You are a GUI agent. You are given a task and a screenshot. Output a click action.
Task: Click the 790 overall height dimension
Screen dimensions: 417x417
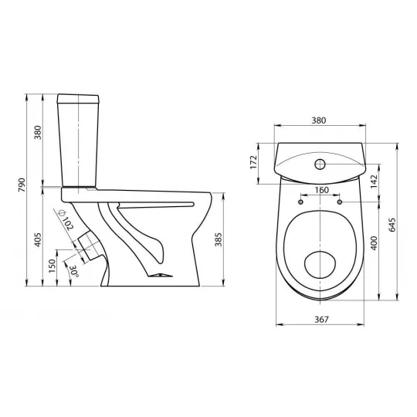(22, 185)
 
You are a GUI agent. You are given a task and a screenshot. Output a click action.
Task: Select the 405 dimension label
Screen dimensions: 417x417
(39, 240)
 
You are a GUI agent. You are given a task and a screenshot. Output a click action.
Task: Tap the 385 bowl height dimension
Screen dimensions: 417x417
(219, 239)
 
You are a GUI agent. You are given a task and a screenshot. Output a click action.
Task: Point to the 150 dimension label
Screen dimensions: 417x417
(53, 266)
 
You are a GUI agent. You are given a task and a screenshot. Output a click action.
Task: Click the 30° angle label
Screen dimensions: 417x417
(74, 271)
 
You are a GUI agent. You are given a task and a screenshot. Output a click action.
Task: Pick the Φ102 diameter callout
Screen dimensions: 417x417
(66, 220)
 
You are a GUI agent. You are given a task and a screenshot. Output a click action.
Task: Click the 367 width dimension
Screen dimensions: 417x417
(322, 319)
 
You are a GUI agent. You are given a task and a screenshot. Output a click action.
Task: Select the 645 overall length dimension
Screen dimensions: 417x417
(392, 225)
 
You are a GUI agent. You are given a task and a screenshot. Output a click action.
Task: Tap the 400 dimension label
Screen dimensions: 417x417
(374, 242)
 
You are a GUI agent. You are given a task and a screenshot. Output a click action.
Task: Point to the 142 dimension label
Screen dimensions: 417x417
(374, 181)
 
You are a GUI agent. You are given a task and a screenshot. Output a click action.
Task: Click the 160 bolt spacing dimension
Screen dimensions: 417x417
(322, 190)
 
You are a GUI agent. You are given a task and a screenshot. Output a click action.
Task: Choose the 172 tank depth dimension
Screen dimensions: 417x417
(254, 162)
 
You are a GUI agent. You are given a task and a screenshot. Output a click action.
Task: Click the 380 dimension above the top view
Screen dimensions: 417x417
(319, 120)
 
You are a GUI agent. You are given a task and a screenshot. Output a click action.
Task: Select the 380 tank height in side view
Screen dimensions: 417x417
(38, 133)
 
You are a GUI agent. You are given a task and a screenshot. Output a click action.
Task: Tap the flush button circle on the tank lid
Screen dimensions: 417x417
(320, 164)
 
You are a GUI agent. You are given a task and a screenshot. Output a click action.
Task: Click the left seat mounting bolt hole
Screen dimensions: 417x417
(301, 202)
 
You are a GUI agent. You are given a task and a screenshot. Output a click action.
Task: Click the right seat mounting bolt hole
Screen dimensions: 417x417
(340, 202)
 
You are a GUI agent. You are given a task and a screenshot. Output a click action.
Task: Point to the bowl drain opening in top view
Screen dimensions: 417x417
(320, 265)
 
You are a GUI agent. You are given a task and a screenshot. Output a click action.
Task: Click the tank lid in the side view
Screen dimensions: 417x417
(78, 98)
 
